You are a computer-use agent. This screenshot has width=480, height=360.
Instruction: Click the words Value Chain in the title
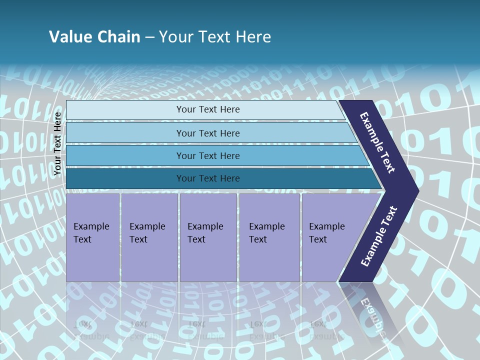coord(94,36)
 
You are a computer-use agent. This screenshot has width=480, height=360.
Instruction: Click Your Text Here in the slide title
coord(215,36)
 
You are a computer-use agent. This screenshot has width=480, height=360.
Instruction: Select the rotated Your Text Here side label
coord(58,144)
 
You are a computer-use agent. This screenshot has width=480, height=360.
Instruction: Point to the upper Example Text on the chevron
coord(377,143)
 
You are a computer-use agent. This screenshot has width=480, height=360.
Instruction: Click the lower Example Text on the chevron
coord(379,236)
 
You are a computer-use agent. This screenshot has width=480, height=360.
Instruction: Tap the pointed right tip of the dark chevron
coord(416,190)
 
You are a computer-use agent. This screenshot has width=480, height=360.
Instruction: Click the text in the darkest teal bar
coord(208,178)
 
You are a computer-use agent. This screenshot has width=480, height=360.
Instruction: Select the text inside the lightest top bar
coord(208,109)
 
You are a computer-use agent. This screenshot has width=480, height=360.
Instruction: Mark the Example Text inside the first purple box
coord(91,233)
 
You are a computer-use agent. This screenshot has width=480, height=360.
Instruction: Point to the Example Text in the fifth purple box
coord(326,233)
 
